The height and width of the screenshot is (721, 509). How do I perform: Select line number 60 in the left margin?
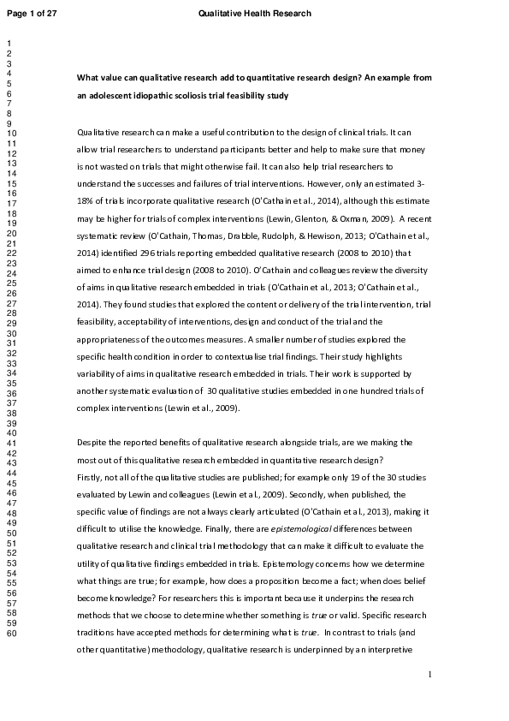click(x=10, y=634)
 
